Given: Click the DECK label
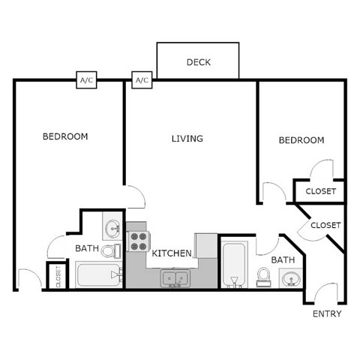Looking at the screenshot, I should tap(198, 61).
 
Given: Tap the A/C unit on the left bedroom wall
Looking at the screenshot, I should tap(87, 80).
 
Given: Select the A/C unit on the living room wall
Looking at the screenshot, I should tap(142, 80).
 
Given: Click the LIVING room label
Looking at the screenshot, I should tap(187, 139).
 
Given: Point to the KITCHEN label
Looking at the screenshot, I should tap(172, 253).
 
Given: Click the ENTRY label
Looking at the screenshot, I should tap(326, 314).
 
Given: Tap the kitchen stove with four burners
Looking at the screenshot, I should tap(139, 241).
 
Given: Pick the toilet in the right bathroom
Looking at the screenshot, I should tap(263, 277).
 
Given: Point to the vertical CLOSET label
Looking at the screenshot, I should tap(58, 276).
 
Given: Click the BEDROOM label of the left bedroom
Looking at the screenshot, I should tap(65, 136).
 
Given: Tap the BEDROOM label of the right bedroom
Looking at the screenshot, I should tap(301, 140).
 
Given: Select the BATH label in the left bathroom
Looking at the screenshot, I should tap(87, 248).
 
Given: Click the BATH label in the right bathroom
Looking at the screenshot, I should tap(283, 260).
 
